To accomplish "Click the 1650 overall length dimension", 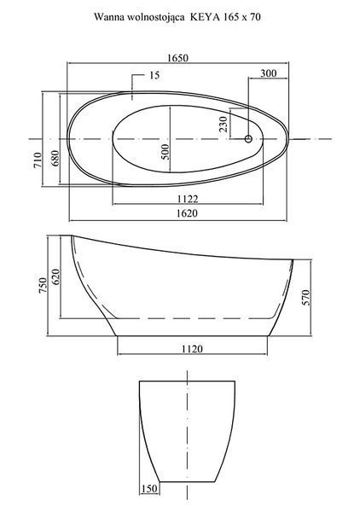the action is (x=178, y=58).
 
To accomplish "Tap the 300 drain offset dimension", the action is (x=268, y=73).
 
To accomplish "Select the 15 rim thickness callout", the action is (x=154, y=75).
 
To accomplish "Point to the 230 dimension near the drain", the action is (x=224, y=124).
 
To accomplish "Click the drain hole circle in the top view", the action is (x=248, y=139).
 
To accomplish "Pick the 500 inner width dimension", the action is (x=165, y=152).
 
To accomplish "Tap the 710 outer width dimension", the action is (x=38, y=160).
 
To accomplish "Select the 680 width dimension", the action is (x=55, y=158).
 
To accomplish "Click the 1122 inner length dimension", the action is (x=188, y=199).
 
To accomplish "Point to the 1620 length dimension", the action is (x=187, y=213).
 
